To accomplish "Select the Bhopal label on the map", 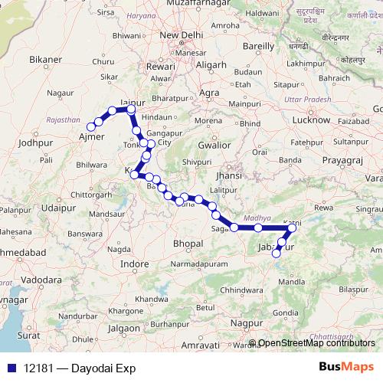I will pyautogui.click(x=188, y=243).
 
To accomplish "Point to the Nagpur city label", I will pyautogui.click(x=246, y=325).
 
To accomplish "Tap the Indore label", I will pyautogui.click(x=135, y=264).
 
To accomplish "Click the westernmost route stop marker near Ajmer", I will pyautogui.click(x=90, y=127).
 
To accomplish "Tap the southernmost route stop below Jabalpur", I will pyautogui.click(x=277, y=254).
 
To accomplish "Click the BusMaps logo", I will pyautogui.click(x=345, y=366).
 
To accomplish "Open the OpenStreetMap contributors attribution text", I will pyautogui.click(x=316, y=342).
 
